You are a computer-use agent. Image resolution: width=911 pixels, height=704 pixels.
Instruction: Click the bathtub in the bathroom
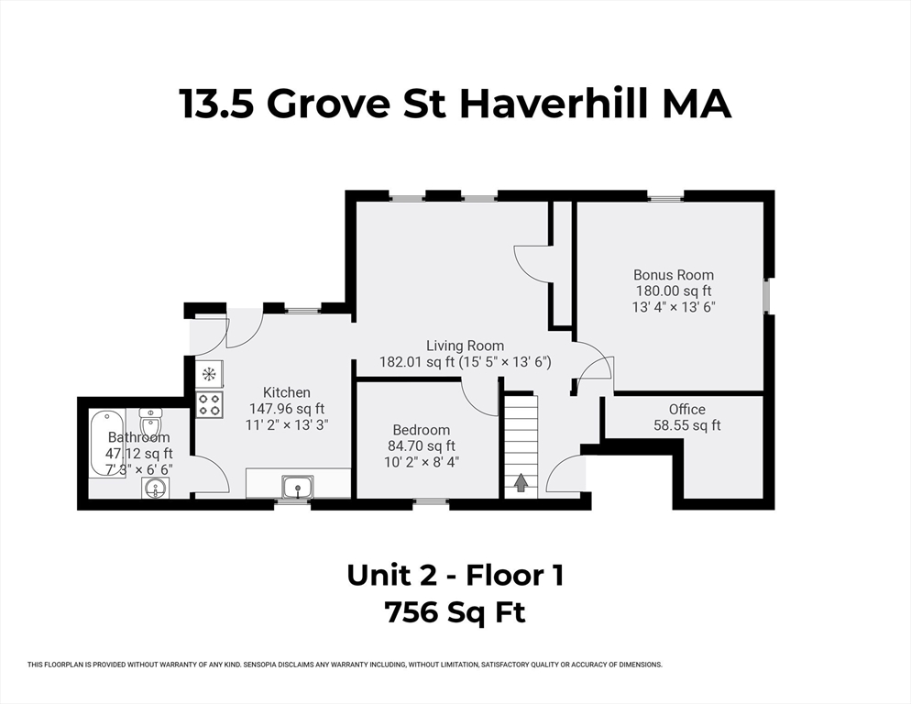click(x=106, y=444)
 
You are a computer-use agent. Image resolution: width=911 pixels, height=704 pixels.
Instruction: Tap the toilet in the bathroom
click(x=150, y=421)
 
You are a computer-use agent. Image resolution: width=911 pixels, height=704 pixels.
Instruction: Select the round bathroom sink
click(x=156, y=488)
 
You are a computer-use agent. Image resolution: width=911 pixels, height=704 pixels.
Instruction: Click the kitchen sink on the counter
click(x=298, y=487)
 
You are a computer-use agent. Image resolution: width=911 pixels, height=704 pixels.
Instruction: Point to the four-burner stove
click(x=209, y=404)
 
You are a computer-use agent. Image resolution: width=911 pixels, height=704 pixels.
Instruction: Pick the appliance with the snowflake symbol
click(x=209, y=374)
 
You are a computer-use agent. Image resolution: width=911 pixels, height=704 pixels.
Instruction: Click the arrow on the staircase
click(x=521, y=482)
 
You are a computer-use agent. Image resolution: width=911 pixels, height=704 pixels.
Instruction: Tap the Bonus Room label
click(x=674, y=275)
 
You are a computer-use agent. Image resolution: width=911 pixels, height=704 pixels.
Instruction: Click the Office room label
click(x=686, y=409)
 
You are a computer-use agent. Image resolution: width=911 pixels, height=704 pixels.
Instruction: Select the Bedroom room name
click(x=422, y=430)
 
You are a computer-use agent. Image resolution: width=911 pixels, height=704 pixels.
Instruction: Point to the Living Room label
click(x=465, y=346)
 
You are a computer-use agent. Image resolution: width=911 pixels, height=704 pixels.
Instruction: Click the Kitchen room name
click(x=287, y=392)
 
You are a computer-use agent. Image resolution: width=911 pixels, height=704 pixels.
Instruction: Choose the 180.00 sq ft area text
click(x=674, y=291)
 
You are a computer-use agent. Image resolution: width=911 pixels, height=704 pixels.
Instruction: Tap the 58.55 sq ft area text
click(x=686, y=425)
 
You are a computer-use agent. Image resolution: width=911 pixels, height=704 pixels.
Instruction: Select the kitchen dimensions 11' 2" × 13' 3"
click(x=287, y=425)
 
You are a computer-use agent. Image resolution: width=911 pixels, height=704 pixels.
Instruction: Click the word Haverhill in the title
click(x=554, y=104)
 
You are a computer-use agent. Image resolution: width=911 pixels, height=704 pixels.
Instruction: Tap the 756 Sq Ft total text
click(x=455, y=612)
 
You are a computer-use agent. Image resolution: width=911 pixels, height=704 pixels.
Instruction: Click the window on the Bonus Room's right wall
click(x=767, y=296)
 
